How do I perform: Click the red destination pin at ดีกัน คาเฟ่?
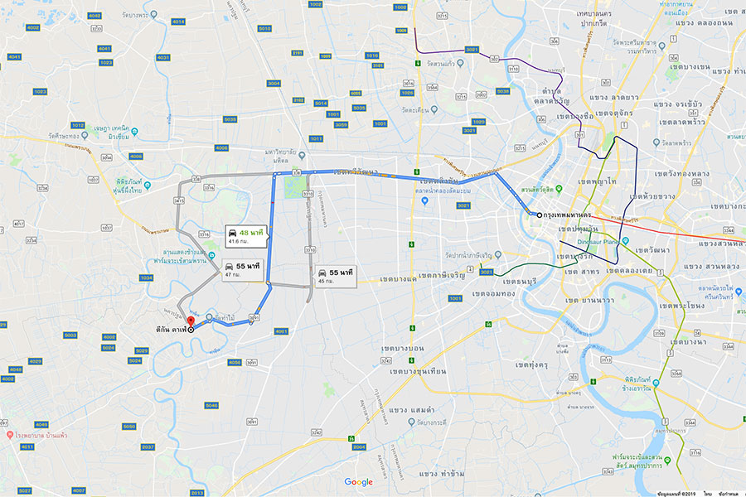pyautogui.click(x=190, y=321)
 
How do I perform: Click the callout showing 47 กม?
pyautogui.click(x=241, y=270)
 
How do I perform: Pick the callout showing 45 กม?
pyautogui.click(x=335, y=275)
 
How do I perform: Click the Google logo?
pyautogui.click(x=359, y=482)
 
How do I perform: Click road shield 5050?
pyautogui.click(x=128, y=426)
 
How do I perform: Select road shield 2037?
pyautogui.click(x=148, y=446)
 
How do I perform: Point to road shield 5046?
pyautogui.click(x=211, y=405)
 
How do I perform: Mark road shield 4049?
pyautogui.click(x=41, y=424)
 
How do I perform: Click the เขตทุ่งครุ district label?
pyautogui.click(x=535, y=364)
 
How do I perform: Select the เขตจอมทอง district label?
pyautogui.click(x=495, y=293)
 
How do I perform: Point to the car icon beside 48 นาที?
pyautogui.click(x=232, y=234)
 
